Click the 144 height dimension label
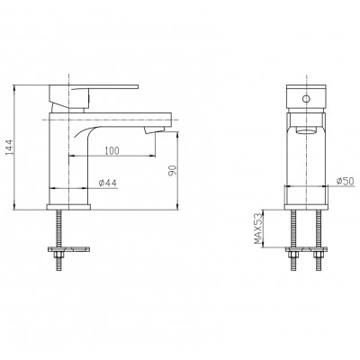click(10, 147)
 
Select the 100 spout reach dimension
click(112, 150)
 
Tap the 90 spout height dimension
click(173, 170)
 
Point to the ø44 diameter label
click(108, 183)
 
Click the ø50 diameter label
click(346, 181)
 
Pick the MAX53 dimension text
click(258, 229)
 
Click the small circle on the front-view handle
click(306, 98)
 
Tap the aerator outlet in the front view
click(306, 130)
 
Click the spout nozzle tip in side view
click(154, 130)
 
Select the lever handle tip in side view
click(137, 86)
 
